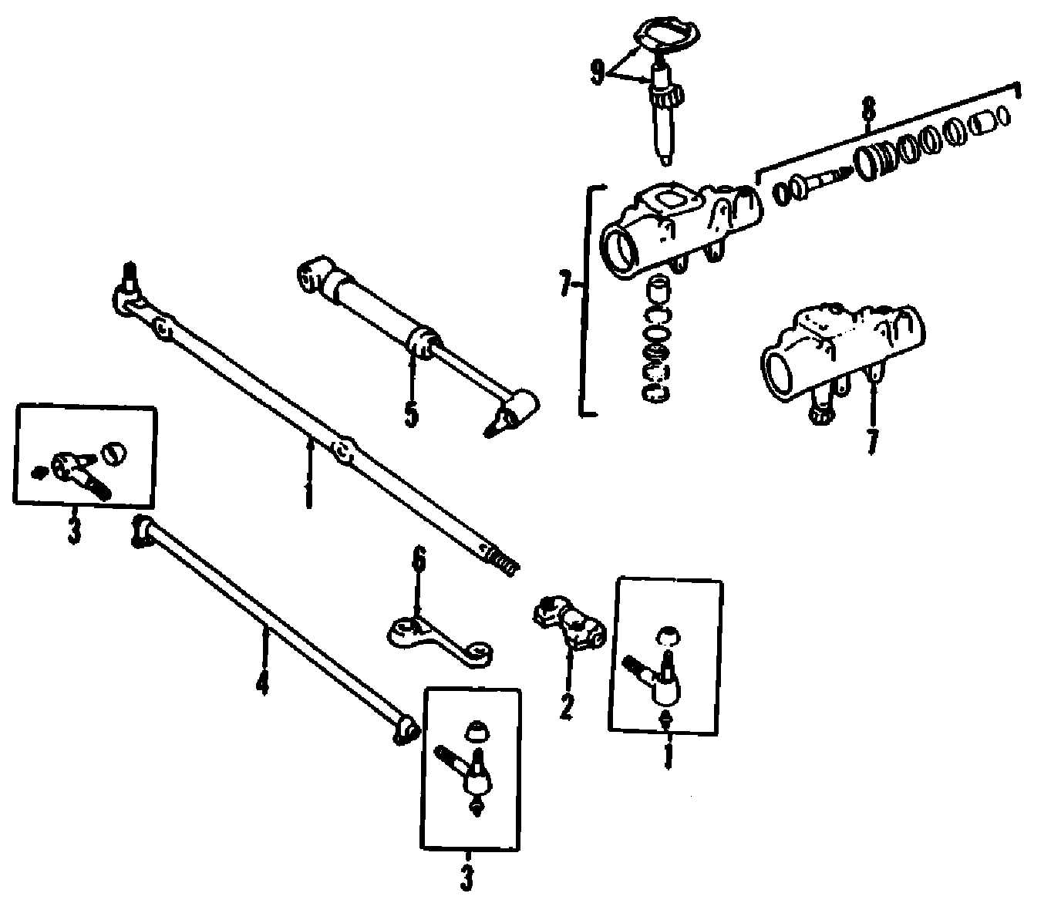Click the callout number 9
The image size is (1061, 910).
(x=598, y=72)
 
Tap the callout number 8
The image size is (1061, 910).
(x=869, y=110)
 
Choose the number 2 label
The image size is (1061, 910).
(x=567, y=706)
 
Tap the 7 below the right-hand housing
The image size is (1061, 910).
(x=872, y=440)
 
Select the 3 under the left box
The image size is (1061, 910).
(x=73, y=531)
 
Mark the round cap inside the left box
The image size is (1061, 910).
(x=114, y=452)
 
